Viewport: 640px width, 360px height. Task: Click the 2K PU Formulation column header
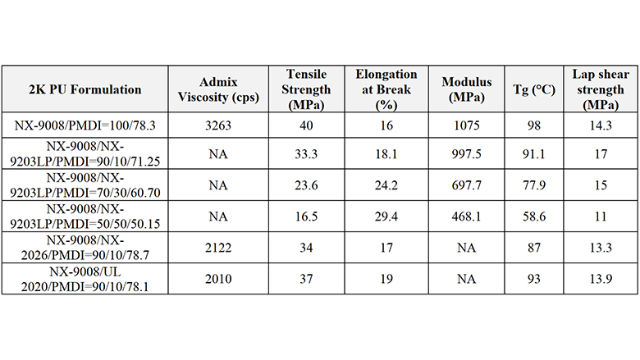[x=86, y=89]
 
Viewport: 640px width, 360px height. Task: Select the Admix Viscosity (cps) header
[x=217, y=89]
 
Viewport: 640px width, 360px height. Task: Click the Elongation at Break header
[x=386, y=89]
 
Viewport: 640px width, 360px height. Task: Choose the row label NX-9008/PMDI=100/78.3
[x=86, y=125]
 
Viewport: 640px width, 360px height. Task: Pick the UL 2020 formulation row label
[x=86, y=280]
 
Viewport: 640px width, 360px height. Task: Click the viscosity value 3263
[x=217, y=125]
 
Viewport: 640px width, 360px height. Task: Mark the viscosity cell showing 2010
[x=217, y=280]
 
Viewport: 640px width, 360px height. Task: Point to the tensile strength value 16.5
[x=304, y=217]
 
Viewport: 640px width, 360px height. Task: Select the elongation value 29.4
[x=386, y=217]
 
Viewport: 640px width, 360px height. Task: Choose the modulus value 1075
[x=466, y=125]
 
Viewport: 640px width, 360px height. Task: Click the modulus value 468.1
[x=466, y=217]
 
